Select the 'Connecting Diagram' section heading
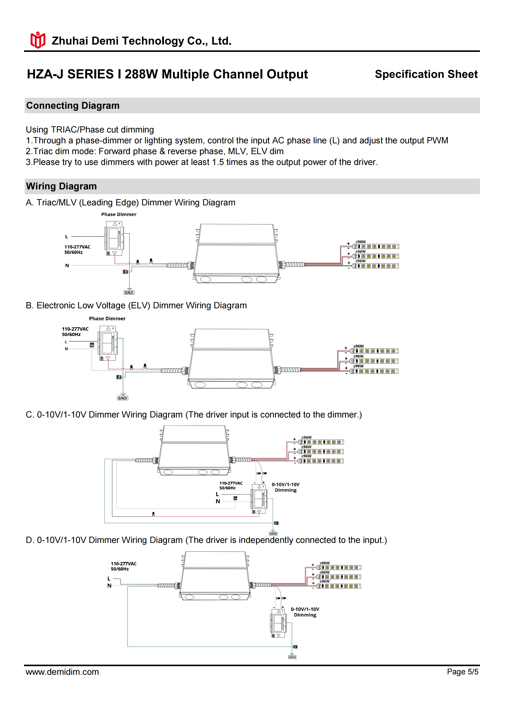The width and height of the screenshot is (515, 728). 73,106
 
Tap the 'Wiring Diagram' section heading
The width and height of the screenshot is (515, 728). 61,186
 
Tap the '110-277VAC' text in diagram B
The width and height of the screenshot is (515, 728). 75,329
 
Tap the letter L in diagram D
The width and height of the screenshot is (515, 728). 109,578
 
